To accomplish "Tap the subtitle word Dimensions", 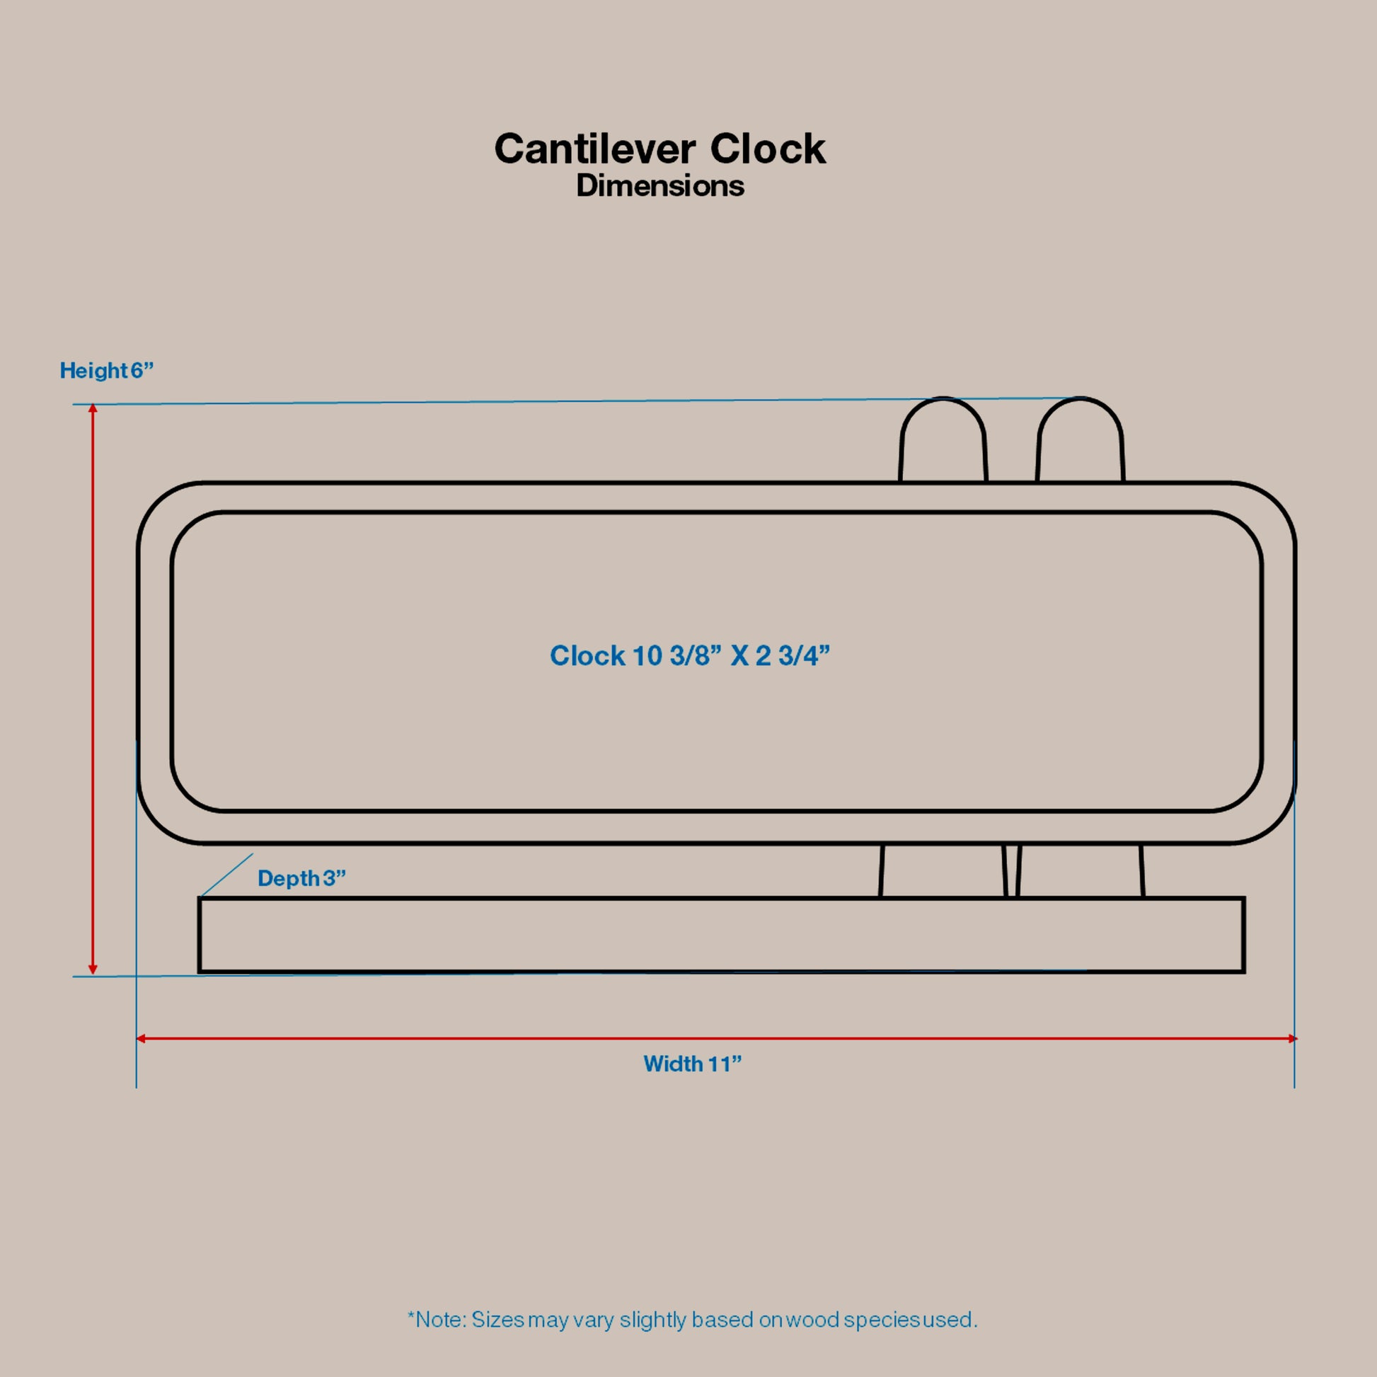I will pos(660,186).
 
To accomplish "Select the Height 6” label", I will pos(106,371).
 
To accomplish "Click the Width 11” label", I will pos(692,1064).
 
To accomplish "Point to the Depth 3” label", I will pos(301,878).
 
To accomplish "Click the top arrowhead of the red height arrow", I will pos(93,408).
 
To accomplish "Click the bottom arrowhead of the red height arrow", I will pos(93,970).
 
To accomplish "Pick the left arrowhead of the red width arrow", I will pos(140,1039).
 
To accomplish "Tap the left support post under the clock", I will pos(943,870).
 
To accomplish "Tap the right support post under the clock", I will pos(1080,870).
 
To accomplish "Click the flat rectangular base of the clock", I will pos(721,935).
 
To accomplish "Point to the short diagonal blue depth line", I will pos(227,875).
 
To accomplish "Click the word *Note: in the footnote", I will pos(436,1320).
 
